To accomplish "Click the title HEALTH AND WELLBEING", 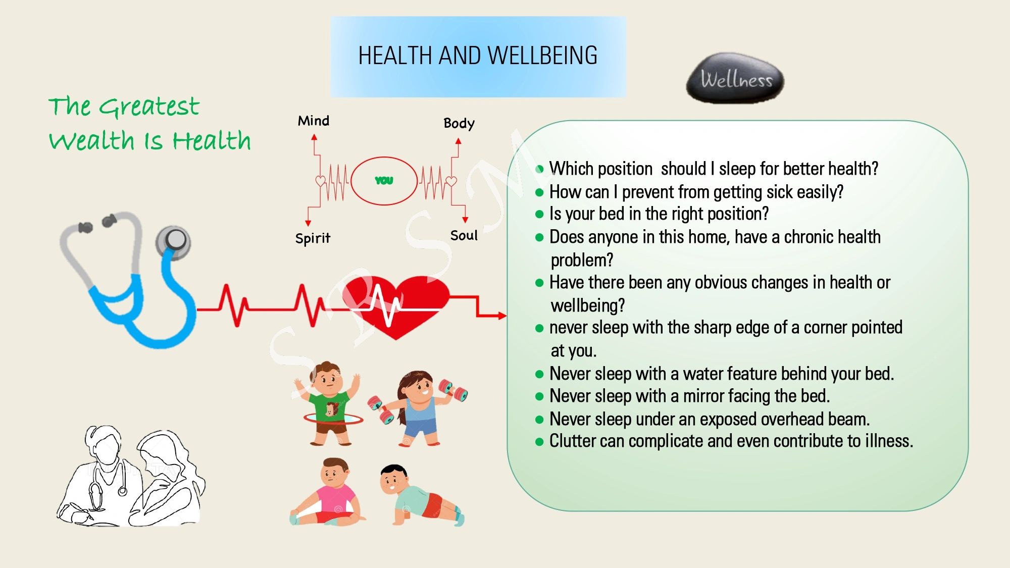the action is coord(478,56).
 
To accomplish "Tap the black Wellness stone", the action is coord(735,78).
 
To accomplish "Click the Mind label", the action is coord(314,121).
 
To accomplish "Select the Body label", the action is coord(459,124).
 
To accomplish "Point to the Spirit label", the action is coord(313,238).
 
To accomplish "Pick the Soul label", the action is coord(464,235).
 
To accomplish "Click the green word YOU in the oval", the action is coord(384,180).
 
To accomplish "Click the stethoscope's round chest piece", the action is coord(173,241).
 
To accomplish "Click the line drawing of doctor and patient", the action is coord(130,476).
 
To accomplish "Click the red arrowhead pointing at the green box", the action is coord(502,316).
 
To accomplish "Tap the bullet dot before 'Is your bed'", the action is coord(539,214).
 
